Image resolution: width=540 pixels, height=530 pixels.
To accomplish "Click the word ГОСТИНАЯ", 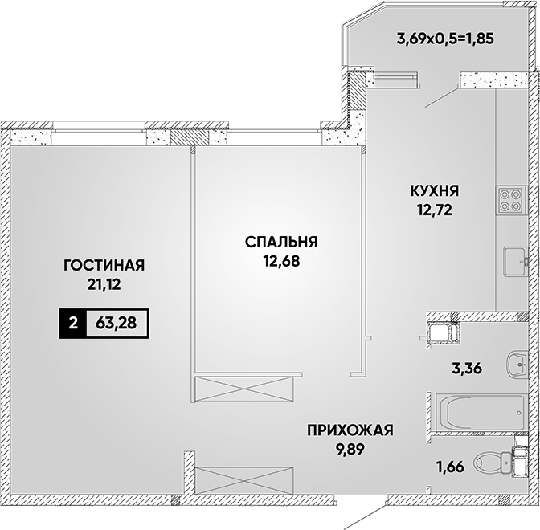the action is (x=104, y=265).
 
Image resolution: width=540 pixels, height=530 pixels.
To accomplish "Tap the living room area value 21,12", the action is (x=104, y=284).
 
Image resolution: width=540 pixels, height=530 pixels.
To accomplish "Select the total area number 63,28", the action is (x=117, y=323).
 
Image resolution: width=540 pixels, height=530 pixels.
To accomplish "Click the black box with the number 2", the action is (x=72, y=324).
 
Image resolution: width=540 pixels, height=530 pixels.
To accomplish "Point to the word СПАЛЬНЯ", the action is (x=281, y=242).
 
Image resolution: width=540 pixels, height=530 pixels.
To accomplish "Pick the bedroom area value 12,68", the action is (x=282, y=261).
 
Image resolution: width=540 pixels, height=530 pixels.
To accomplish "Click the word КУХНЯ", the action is (x=435, y=190).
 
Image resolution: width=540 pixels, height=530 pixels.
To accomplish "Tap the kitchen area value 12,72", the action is (x=435, y=210).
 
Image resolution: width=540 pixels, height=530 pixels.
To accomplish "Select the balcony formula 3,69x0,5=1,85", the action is (x=445, y=39).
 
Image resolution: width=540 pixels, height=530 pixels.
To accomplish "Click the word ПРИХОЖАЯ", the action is (x=350, y=430).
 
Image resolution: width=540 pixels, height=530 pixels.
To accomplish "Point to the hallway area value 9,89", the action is (x=350, y=449).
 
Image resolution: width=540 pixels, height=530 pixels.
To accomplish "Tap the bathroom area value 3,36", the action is (x=467, y=369).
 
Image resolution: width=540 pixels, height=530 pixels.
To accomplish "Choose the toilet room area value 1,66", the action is (x=451, y=467).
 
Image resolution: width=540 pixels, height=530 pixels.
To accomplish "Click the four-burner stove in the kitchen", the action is (x=511, y=201).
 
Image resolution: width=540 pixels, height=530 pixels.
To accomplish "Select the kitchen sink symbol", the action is (x=516, y=262).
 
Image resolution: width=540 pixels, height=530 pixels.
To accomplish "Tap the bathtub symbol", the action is (x=481, y=412).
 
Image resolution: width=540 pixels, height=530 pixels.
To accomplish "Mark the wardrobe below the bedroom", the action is (x=244, y=389).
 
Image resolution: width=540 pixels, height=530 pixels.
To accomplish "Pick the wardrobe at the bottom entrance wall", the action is (x=243, y=480).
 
